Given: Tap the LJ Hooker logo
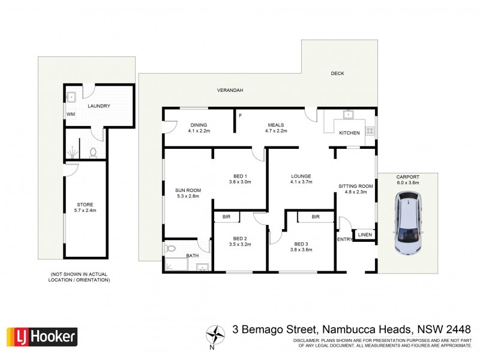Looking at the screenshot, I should (x=41, y=337).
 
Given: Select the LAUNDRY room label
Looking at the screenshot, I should (x=98, y=106).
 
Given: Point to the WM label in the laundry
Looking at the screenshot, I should (x=70, y=114).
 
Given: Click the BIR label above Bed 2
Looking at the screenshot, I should (x=227, y=217).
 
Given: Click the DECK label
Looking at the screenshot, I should (x=337, y=74).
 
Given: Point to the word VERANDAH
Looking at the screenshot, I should (x=230, y=90).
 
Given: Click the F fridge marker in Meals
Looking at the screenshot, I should (x=240, y=115).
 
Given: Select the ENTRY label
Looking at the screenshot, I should (x=345, y=239).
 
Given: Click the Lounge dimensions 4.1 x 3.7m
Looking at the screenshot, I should (x=301, y=182).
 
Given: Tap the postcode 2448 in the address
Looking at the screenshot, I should (x=455, y=329).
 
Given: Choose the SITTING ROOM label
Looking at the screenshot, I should (x=356, y=186).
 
